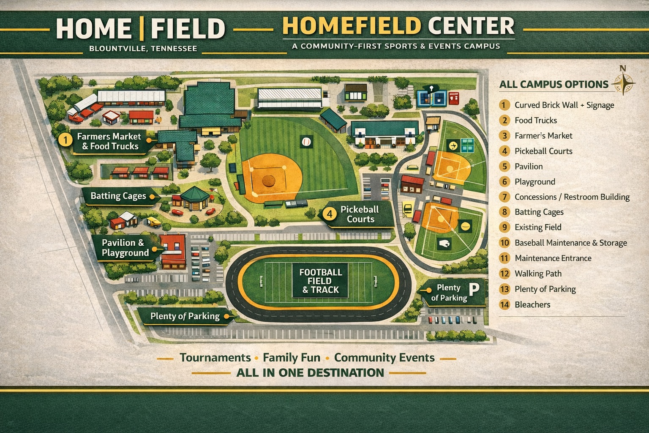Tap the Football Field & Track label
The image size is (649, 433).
[x=320, y=281]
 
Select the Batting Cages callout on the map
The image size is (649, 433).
[x=118, y=196]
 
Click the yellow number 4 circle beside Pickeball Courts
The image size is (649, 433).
[x=330, y=214]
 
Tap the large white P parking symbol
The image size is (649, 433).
[x=474, y=290]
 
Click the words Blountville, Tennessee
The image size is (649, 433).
[x=143, y=49]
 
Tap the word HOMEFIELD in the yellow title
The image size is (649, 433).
[x=352, y=26]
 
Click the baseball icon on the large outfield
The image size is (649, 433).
[x=306, y=142]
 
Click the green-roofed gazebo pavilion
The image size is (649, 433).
[x=195, y=198]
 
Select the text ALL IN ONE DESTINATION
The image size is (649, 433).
[x=310, y=373]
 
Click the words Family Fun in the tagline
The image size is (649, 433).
[x=291, y=358]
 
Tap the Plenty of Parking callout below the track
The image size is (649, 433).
[x=185, y=316]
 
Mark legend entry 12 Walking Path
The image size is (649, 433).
[x=537, y=274]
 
